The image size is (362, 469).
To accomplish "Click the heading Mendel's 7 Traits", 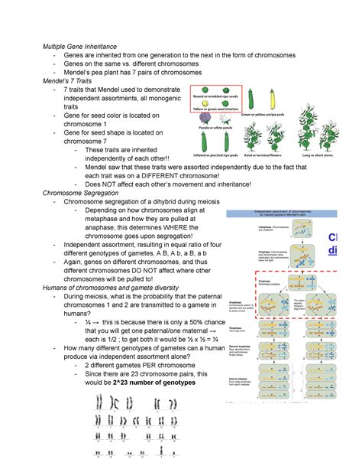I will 69,82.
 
